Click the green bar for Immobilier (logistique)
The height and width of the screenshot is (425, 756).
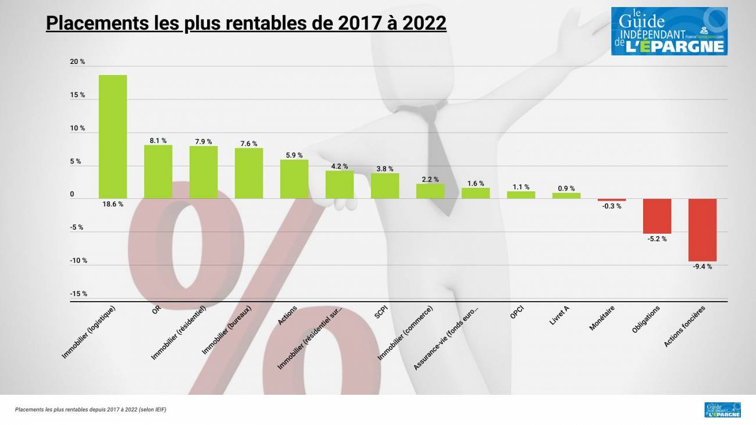click(113, 137)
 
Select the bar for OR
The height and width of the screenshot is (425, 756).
click(158, 172)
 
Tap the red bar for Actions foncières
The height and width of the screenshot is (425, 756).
click(702, 230)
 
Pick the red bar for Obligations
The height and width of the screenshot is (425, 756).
click(657, 216)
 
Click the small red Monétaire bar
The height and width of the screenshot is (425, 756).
click(612, 199)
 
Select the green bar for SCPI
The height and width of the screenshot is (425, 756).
click(385, 185)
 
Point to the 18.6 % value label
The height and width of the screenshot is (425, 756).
click(113, 204)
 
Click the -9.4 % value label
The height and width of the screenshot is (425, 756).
click(702, 266)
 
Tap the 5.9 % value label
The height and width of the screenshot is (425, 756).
click(294, 155)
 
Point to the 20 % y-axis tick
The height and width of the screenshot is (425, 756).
click(78, 62)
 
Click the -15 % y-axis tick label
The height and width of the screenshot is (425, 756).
click(79, 294)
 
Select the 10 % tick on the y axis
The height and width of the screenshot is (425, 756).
click(78, 128)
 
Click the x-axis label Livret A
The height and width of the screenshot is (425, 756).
click(559, 315)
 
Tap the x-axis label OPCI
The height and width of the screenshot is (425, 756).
click(517, 312)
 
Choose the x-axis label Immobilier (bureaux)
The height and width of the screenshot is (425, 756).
click(226, 330)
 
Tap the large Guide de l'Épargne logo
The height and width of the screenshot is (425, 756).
click(669, 31)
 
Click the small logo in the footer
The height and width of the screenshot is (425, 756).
click(722, 410)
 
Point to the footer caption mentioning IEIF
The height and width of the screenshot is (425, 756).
click(91, 410)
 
